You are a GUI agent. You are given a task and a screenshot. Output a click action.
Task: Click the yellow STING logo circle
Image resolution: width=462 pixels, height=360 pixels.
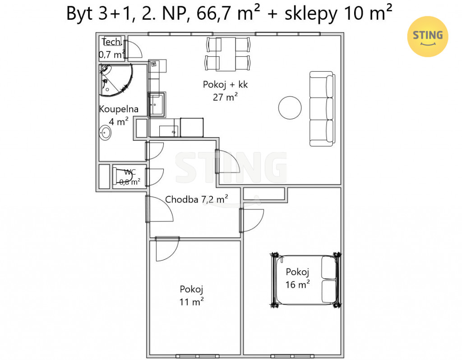428,37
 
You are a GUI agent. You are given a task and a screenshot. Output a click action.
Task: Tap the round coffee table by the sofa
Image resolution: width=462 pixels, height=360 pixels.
290,107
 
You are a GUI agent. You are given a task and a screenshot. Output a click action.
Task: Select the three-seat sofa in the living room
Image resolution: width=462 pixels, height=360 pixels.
322,109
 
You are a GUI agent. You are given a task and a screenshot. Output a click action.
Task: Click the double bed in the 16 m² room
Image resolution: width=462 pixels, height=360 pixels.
306,280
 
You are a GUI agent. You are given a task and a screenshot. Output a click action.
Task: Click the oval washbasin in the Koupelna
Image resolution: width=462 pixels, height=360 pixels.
105,133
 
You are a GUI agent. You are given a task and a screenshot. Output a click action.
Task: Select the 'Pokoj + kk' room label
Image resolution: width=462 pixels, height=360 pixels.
225,84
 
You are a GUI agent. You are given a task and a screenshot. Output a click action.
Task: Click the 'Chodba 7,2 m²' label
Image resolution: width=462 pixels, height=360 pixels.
197,199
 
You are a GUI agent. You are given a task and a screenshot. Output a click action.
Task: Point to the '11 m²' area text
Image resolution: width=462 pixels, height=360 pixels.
191,302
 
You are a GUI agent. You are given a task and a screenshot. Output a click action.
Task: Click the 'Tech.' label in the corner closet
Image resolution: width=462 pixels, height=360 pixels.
112,42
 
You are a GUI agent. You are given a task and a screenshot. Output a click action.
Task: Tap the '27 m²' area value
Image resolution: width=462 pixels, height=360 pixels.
225,97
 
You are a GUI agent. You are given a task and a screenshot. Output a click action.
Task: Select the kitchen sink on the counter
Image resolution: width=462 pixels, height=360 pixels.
157,105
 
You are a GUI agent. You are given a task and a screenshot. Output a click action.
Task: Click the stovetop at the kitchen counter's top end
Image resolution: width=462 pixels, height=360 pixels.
157,66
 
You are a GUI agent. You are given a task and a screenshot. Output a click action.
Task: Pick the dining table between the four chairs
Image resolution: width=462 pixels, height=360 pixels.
226,54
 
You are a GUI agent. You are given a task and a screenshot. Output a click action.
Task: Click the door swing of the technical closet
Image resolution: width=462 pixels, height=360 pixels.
132,49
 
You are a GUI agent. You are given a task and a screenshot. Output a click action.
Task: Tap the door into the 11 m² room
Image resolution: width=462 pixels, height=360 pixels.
167,249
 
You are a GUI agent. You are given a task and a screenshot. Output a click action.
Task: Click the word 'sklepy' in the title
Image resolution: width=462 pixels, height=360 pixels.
311,14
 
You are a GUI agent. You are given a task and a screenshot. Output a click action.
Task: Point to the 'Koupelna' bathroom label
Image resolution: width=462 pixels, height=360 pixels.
119,109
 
